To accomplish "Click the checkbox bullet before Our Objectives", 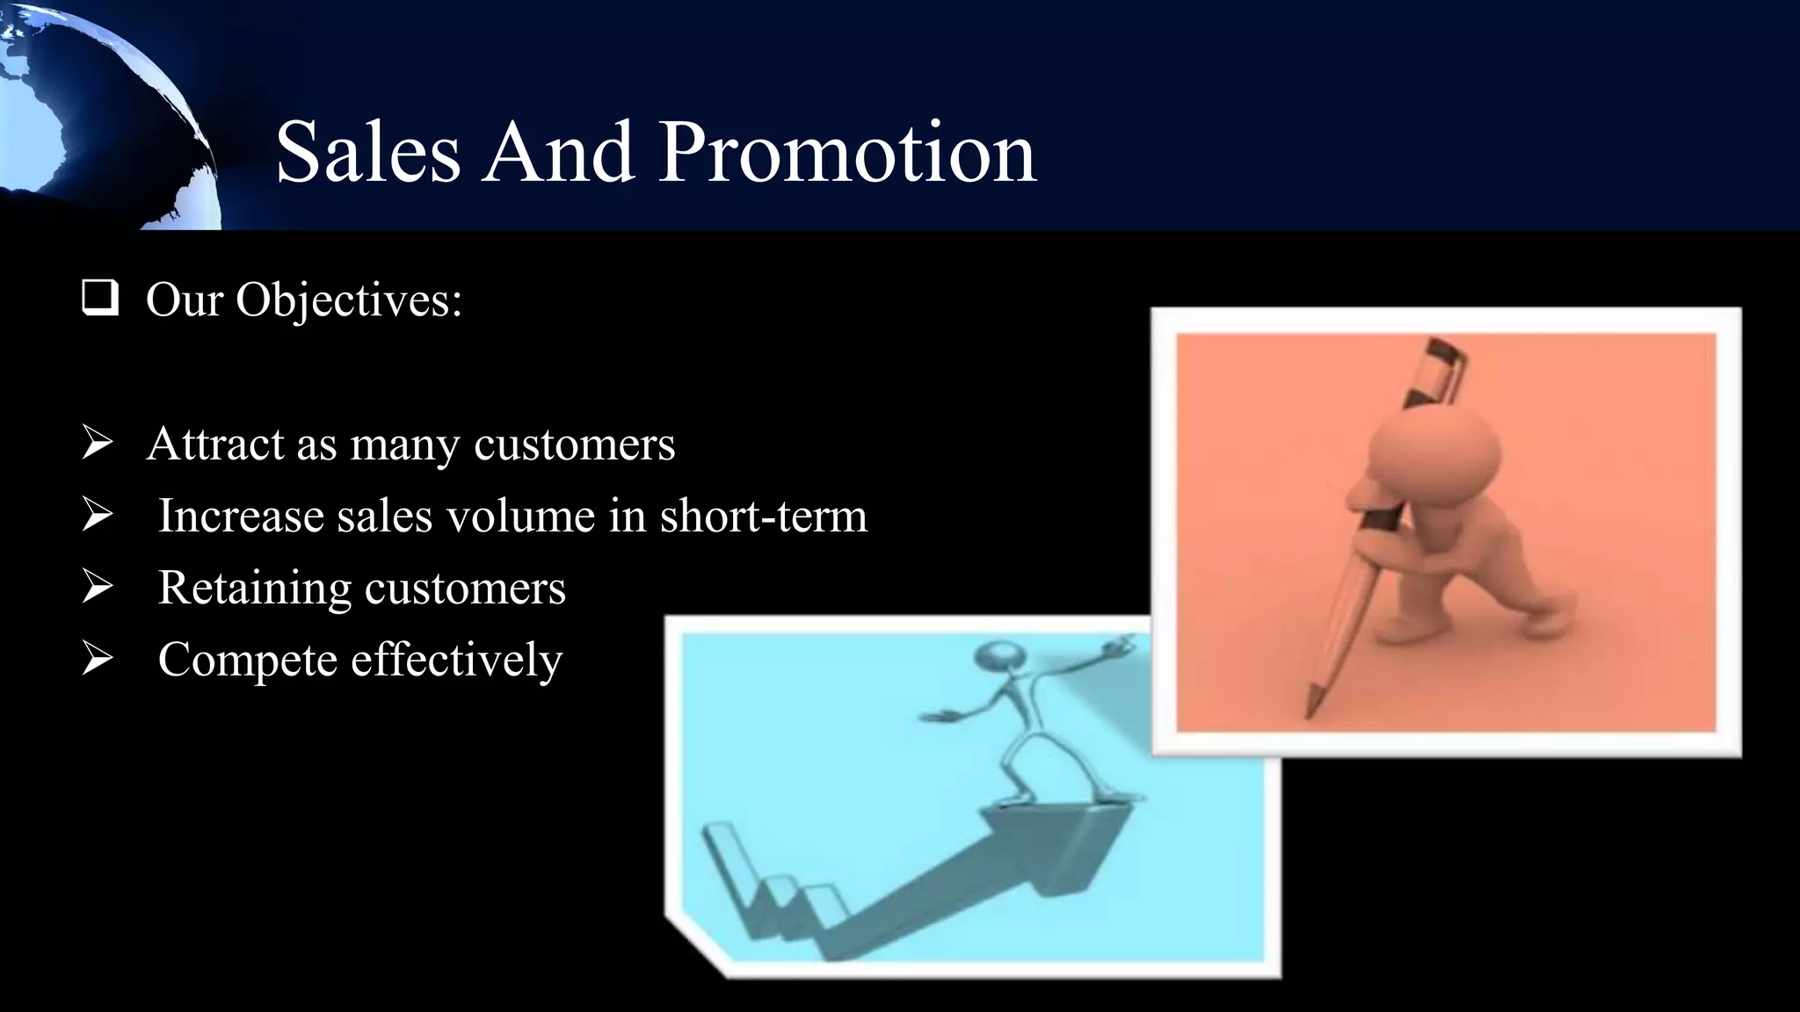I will [99, 298].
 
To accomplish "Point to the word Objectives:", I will [348, 301].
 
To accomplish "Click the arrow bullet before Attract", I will [97, 442].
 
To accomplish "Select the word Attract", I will [214, 444].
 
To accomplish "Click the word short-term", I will [763, 516].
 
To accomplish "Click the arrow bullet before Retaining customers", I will [97, 586].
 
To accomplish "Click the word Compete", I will [247, 661].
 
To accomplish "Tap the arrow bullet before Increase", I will [97, 514].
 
